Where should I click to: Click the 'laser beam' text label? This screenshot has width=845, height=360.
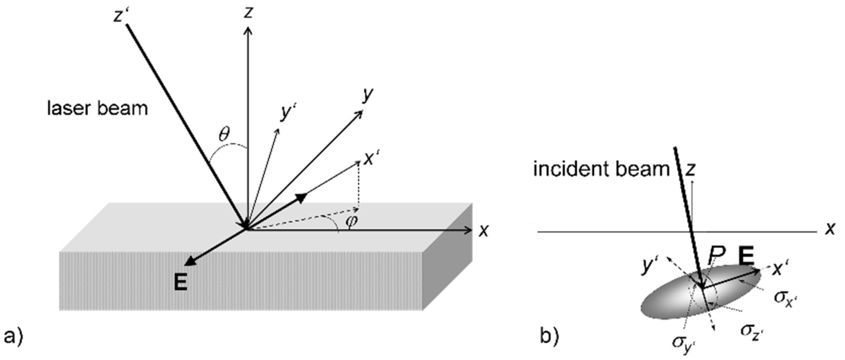click(x=97, y=109)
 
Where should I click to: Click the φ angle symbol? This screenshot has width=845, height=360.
click(x=351, y=221)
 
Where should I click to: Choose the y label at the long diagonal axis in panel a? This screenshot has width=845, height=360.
click(x=368, y=95)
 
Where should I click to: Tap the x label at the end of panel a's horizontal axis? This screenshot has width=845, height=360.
click(x=483, y=231)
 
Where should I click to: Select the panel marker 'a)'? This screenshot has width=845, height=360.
click(x=13, y=337)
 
